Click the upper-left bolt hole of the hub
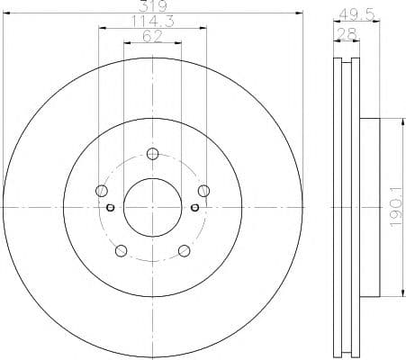100,190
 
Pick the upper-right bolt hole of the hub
203,190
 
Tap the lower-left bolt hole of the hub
120,250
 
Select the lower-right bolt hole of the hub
184,250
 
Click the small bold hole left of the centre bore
111,208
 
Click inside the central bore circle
151,207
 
